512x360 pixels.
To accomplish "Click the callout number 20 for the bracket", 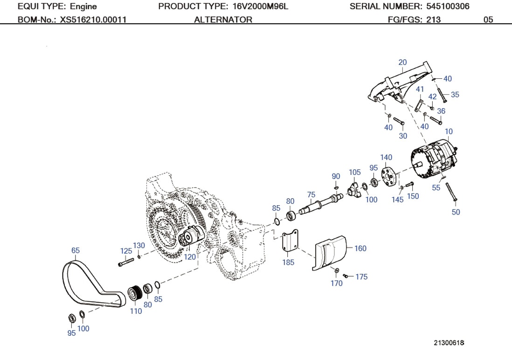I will [402, 62].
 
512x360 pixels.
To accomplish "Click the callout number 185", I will [288, 263].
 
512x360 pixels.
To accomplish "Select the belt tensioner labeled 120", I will [191, 237].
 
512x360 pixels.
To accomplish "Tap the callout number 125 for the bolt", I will [126, 251].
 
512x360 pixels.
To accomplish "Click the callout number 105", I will [355, 173].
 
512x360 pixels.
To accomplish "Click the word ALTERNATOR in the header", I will [223, 20].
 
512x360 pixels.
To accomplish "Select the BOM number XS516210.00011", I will [93, 20].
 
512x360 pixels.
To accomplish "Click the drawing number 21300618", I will [449, 343].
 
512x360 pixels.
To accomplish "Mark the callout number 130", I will [139, 245].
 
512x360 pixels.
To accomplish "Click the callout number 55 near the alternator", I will [436, 188].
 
